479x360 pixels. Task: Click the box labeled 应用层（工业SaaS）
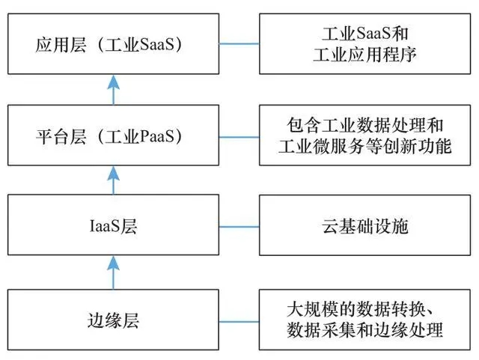[113, 43]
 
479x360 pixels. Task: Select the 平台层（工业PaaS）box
[113, 135]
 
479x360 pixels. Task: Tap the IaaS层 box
[113, 225]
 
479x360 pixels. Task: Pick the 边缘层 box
[113, 320]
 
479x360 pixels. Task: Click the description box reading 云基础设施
[364, 225]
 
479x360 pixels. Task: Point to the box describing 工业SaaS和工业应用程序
[364, 43]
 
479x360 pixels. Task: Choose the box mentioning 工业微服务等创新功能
[364, 135]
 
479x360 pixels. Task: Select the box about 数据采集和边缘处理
[364, 320]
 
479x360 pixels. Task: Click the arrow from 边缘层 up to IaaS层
[113, 272]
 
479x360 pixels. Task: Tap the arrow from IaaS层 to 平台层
[113, 180]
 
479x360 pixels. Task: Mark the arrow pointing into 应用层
[113, 90]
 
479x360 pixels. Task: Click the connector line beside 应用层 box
[239, 43]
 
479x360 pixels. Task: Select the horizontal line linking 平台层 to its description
[239, 137]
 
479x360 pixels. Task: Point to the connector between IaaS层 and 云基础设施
[239, 227]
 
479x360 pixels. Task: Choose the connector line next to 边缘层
[239, 322]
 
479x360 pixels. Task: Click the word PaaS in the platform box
[156, 136]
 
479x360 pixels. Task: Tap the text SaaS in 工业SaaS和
[373, 33]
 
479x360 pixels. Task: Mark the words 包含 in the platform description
[304, 125]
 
